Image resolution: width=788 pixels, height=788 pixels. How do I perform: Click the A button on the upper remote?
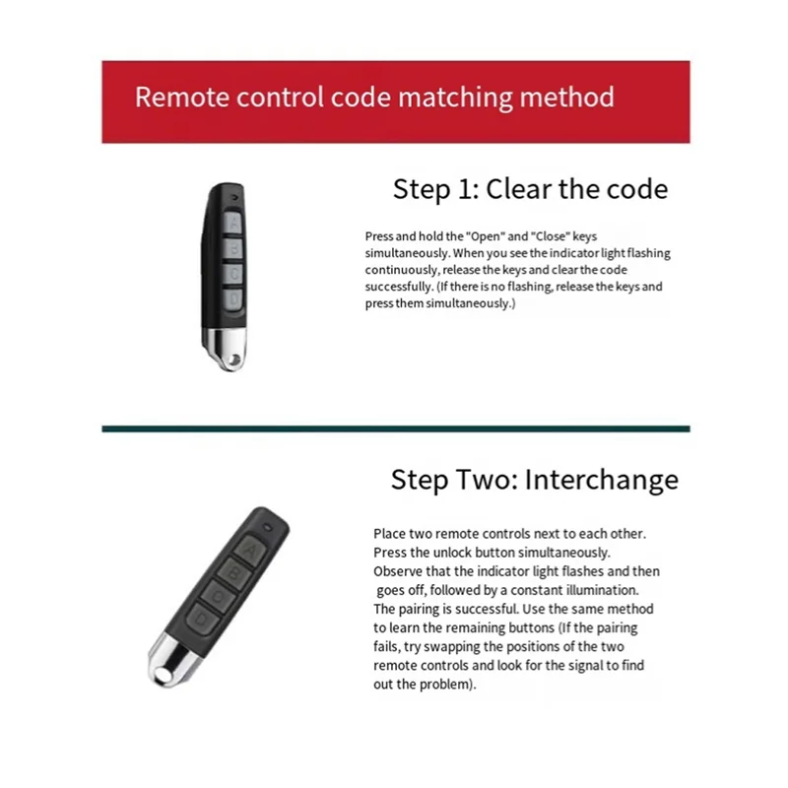(x=233, y=224)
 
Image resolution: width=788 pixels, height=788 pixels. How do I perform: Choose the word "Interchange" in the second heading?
(x=601, y=480)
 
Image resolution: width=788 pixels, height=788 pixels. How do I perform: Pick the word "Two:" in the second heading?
(x=486, y=480)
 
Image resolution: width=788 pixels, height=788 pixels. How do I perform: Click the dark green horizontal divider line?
(x=395, y=429)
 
